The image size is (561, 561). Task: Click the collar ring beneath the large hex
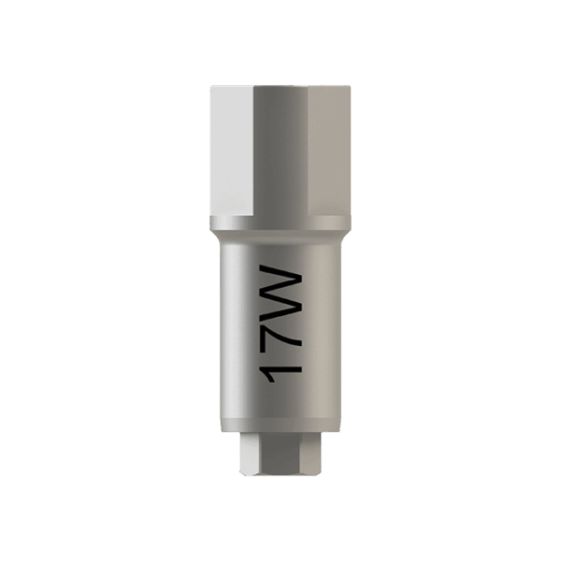pyautogui.click(x=280, y=223)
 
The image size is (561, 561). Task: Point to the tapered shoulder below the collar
pyautogui.click(x=280, y=236)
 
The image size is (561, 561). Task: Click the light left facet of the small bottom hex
pyautogui.click(x=249, y=453)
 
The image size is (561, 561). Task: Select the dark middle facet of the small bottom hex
pyautogui.click(x=280, y=453)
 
